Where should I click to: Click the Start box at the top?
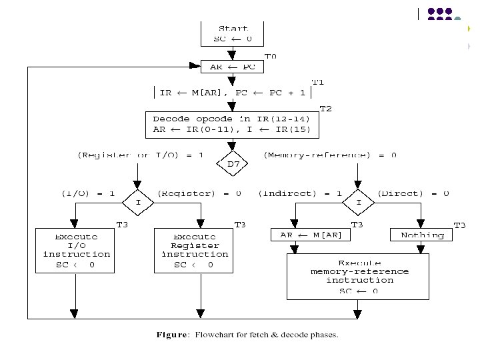tap(233, 33)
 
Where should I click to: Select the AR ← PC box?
tap(233, 67)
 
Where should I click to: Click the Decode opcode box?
tap(231, 125)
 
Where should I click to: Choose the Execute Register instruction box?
tap(195, 250)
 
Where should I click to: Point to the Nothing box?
tap(422, 235)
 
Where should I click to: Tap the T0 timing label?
tap(271, 56)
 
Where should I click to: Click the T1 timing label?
tap(318, 82)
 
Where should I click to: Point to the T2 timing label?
tap(325, 108)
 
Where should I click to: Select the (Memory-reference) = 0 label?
tap(331, 155)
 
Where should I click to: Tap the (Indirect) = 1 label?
tap(301, 193)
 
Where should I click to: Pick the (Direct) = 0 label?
tap(413, 193)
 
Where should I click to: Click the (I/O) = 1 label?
tap(89, 193)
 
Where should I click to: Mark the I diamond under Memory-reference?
tap(359, 202)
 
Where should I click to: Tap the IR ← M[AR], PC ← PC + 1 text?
tap(232, 93)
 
